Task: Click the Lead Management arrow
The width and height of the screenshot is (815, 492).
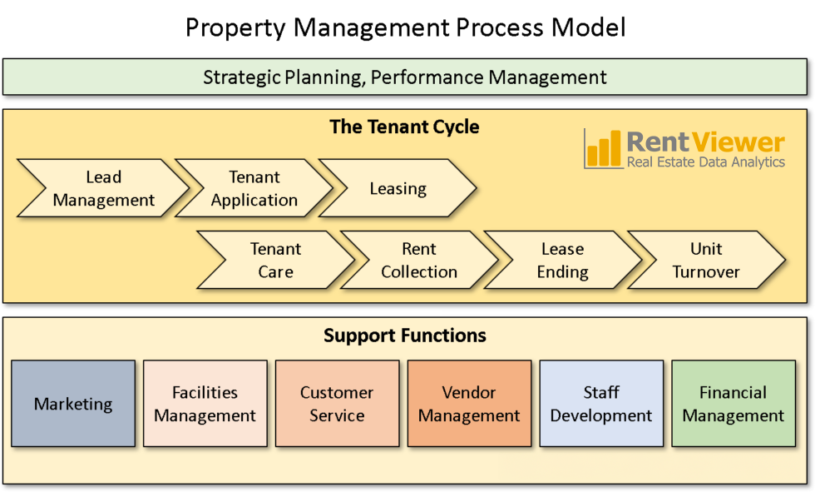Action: pos(103,189)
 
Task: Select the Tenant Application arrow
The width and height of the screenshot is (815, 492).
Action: pos(254,189)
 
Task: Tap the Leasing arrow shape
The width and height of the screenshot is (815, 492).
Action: pos(398,189)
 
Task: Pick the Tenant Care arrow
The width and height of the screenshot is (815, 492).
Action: pos(275,260)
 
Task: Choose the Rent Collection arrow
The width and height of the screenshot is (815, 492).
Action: pos(419,260)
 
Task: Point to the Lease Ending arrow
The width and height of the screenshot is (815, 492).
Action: pos(562,260)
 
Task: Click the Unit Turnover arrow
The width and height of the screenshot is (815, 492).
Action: pos(706,260)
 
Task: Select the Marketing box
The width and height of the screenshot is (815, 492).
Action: pos(73,404)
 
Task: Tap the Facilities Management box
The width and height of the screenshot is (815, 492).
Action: pos(205,404)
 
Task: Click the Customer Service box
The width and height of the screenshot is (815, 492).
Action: pos(337,404)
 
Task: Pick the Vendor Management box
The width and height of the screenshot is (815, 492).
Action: pos(469,404)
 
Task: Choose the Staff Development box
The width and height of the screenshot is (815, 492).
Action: pos(601,404)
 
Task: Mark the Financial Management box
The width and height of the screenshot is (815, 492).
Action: pos(733,404)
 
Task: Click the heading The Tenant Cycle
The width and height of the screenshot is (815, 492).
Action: pos(404,127)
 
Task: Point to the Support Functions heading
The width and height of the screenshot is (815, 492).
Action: pos(405,336)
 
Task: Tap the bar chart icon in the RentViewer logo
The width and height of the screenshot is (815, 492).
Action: pos(603,149)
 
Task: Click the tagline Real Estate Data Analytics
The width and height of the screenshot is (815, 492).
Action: pos(705,162)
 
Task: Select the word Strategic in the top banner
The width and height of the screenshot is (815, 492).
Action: pos(241,78)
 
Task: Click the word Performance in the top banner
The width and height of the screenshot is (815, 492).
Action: pos(427,78)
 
